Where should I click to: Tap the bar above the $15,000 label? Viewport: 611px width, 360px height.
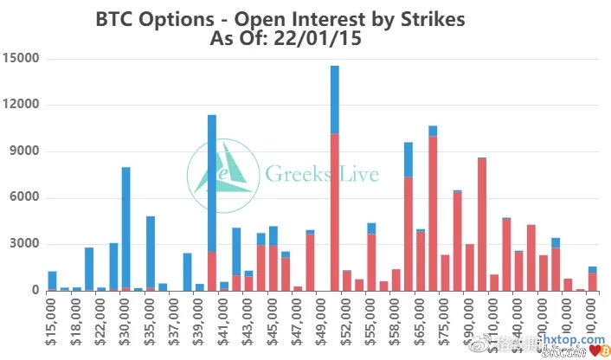click(52, 280)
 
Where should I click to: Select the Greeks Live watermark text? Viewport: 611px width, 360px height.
click(321, 174)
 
